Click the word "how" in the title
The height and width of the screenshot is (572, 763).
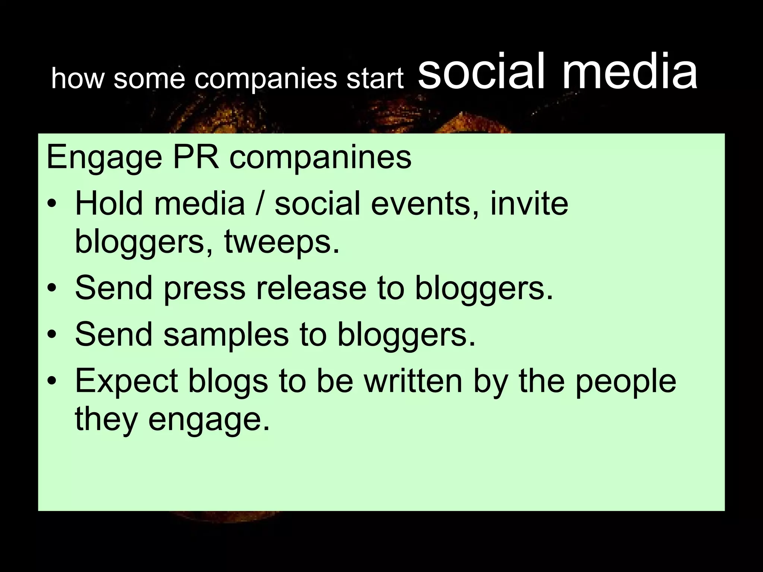tap(77, 79)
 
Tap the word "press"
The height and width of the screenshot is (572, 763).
tap(205, 289)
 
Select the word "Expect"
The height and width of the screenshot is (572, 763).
tap(126, 382)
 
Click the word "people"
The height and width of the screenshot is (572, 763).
tap(626, 382)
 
